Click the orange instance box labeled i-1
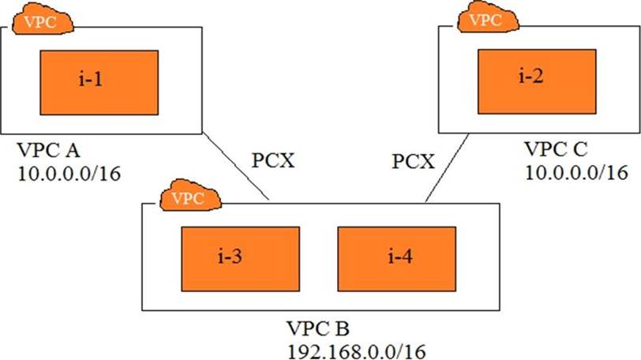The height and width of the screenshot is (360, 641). [99, 82]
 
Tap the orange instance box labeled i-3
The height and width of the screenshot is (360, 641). [241, 259]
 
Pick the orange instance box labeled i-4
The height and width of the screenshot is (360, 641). [396, 259]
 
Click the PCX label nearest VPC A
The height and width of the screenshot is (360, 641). [275, 161]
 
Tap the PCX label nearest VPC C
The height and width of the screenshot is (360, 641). [413, 161]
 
